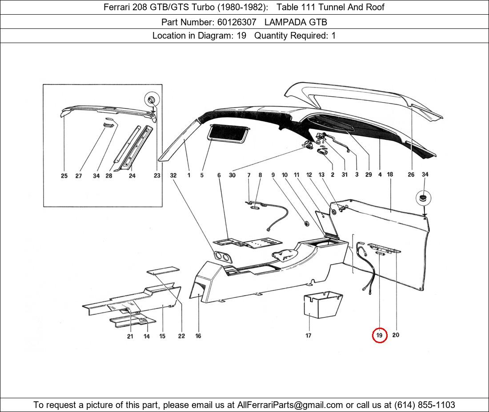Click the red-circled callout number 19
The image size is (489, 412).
[x=380, y=335]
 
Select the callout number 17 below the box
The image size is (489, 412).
[x=308, y=336]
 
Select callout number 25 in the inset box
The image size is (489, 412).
[x=64, y=176]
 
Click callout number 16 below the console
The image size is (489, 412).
[x=198, y=336]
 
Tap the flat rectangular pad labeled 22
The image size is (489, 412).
[x=163, y=270]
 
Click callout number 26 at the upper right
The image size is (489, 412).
[x=411, y=174]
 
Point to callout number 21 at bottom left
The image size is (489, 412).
[x=130, y=336]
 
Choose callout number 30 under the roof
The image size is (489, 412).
[x=232, y=175]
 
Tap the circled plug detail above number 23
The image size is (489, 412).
[x=152, y=100]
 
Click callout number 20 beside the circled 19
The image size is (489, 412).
[x=396, y=335]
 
